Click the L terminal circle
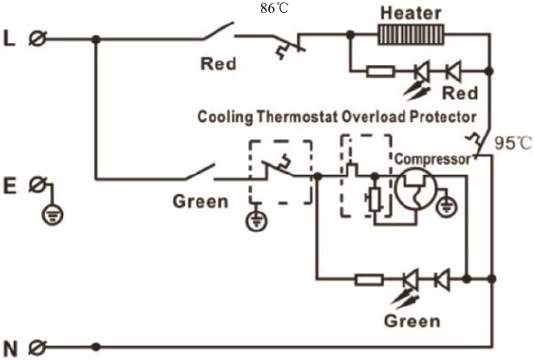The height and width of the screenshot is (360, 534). pos(39,38)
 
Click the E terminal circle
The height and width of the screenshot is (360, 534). pos(39,186)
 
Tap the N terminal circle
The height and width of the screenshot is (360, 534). pos(39,347)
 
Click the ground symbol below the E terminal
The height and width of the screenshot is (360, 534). pos(53,216)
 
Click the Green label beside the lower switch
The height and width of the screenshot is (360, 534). pos(200,202)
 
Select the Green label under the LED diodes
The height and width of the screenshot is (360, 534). pos(411,322)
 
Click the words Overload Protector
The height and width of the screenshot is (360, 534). pos(420,117)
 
